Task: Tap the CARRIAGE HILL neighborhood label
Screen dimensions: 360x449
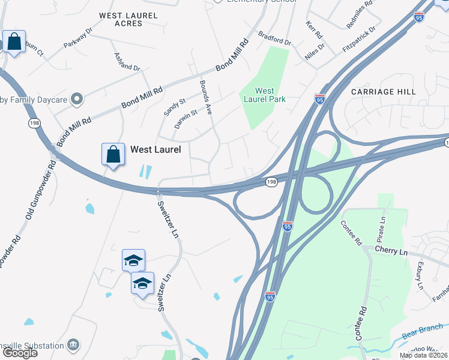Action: pyautogui.click(x=383, y=92)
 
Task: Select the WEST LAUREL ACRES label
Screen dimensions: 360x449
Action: pyautogui.click(x=128, y=19)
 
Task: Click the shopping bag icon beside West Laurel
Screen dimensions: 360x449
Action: pyautogui.click(x=113, y=154)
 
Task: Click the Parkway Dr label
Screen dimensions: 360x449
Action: pyautogui.click(x=80, y=37)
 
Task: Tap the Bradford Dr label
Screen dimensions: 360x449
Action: pyautogui.click(x=274, y=38)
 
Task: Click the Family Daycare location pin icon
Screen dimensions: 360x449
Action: pyautogui.click(x=76, y=98)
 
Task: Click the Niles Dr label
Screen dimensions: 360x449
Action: pyautogui.click(x=314, y=50)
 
